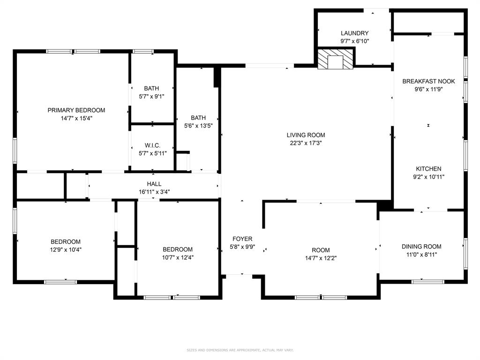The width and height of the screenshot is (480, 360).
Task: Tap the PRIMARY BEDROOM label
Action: click(x=76, y=110)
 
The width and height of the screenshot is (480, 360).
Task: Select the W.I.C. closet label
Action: click(x=152, y=146)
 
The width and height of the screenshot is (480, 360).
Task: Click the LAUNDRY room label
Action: click(x=354, y=33)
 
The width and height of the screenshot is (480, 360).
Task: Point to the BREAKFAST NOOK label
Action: click(x=428, y=82)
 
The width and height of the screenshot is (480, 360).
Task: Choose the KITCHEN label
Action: click(x=428, y=169)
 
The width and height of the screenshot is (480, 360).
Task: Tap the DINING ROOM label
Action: click(x=421, y=247)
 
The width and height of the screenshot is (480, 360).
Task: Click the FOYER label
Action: click(x=241, y=239)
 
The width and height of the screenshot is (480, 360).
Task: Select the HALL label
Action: click(x=154, y=184)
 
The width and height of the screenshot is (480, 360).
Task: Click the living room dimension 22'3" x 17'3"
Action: click(x=306, y=143)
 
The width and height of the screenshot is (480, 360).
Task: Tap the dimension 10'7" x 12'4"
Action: click(x=178, y=257)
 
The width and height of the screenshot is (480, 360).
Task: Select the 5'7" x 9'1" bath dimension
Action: click(x=151, y=96)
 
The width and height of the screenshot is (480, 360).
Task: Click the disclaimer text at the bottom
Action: click(x=240, y=350)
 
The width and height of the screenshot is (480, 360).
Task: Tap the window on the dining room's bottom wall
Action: click(x=427, y=281)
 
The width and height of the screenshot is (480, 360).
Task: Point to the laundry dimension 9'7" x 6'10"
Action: click(x=354, y=41)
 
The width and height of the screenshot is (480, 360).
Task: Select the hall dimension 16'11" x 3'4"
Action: click(x=154, y=191)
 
